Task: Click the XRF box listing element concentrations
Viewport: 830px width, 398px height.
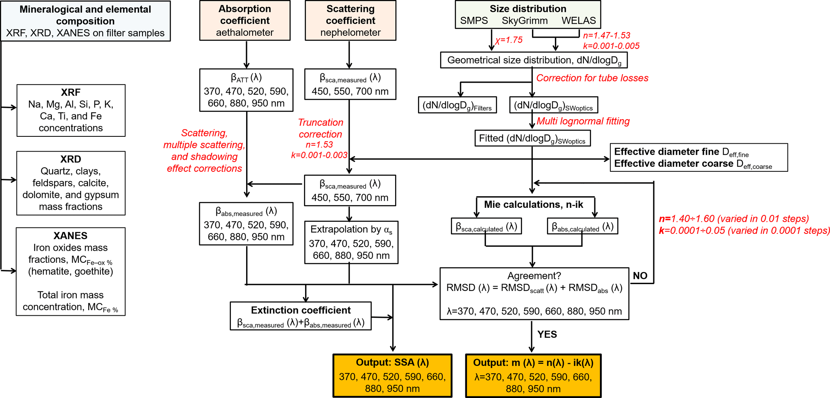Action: tap(71, 110)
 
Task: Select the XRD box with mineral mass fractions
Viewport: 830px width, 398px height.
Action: tap(71, 183)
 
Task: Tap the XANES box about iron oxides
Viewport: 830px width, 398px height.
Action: tap(71, 272)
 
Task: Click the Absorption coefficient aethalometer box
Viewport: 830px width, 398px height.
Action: tap(245, 20)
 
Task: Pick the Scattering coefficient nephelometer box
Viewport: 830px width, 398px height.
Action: tap(350, 20)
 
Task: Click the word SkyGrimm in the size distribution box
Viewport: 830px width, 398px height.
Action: tap(524, 21)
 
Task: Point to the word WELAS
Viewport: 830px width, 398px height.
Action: tap(579, 21)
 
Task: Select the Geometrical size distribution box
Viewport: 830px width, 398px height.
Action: tap(534, 60)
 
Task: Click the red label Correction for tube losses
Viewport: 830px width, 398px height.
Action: tap(592, 78)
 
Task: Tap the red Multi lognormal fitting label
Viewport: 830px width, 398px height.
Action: tap(583, 121)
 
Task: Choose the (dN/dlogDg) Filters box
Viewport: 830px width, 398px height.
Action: tap(457, 105)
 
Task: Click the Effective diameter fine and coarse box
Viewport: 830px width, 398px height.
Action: tap(698, 158)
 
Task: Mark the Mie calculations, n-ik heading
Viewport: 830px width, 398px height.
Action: tap(533, 205)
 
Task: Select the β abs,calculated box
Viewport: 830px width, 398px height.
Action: tap(582, 227)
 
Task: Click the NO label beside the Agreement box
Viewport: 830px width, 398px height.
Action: tap(640, 276)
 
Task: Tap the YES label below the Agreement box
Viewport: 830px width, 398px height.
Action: tap(547, 334)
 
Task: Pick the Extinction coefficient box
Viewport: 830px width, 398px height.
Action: tap(300, 316)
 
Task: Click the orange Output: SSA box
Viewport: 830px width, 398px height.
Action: tap(392, 376)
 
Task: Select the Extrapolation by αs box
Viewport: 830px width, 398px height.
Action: tap(351, 242)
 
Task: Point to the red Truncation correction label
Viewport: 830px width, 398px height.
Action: tap(320, 128)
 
